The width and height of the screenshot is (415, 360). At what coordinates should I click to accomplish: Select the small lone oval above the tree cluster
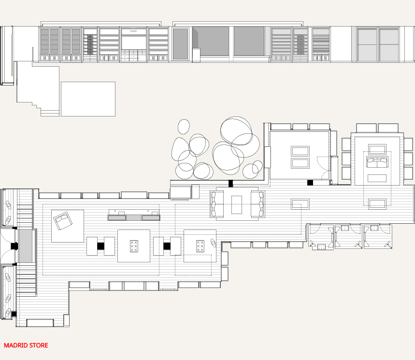tap(184, 127)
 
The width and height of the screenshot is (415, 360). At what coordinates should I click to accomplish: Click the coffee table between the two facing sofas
tap(237, 205)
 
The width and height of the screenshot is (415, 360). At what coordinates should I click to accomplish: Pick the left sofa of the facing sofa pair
tap(216, 204)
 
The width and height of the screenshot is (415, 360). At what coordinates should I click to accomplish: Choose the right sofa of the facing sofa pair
tap(258, 204)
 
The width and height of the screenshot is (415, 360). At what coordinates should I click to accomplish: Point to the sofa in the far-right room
tap(377, 162)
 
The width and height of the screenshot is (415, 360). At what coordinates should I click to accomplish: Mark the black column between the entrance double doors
tap(14, 246)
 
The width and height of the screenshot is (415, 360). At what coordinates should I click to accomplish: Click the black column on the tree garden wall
tap(231, 183)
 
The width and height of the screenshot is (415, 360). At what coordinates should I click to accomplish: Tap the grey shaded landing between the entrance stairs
tap(25, 246)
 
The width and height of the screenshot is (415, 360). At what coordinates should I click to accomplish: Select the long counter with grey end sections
tap(134, 217)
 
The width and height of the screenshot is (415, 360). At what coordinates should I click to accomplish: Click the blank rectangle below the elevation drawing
tap(88, 99)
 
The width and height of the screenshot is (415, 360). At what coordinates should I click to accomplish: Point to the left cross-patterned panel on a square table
tap(134, 246)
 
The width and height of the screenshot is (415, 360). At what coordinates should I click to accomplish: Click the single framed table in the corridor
tap(300, 203)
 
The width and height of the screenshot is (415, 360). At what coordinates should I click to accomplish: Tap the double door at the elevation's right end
tap(378, 44)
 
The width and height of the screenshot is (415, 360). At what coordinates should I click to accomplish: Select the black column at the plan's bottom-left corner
tap(14, 314)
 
